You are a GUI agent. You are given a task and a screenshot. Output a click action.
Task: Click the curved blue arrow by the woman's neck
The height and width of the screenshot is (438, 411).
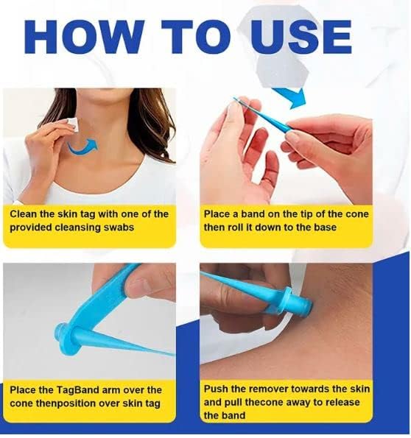coord(82,146)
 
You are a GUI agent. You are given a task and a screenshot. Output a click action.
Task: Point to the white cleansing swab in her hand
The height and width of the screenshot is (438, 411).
coord(71,124)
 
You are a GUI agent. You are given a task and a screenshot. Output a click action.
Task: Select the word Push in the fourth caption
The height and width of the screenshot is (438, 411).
coord(217,389)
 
